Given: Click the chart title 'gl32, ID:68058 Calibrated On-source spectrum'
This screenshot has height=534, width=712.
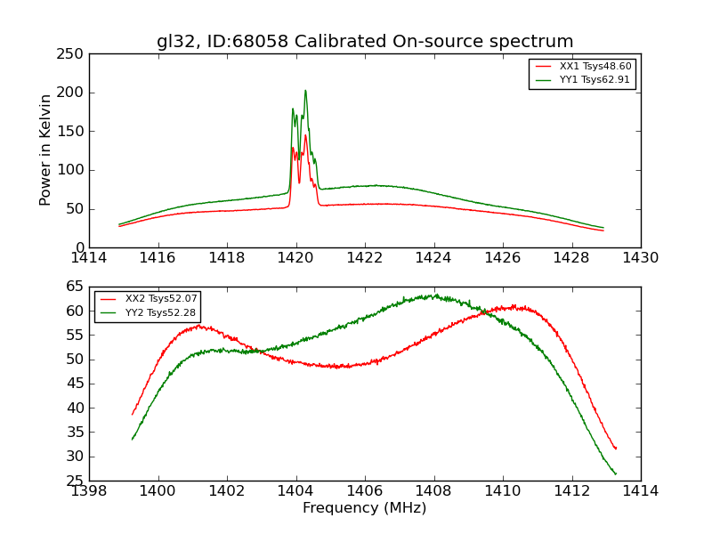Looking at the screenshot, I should [365, 42].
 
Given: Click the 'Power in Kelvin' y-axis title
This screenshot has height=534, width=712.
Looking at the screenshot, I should [46, 150].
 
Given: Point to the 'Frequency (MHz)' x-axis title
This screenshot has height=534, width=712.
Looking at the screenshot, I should [365, 508].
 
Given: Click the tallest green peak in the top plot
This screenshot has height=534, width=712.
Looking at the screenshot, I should [305, 90].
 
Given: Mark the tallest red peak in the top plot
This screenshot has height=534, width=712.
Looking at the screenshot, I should [305, 135].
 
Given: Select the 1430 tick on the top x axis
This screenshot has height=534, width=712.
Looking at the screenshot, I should [641, 258].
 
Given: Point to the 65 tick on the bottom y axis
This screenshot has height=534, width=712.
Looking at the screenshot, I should [77, 287].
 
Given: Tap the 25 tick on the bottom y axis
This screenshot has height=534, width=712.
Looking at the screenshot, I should [77, 481].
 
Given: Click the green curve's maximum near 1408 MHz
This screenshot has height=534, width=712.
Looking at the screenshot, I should [434, 295].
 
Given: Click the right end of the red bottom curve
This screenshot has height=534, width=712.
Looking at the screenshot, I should [616, 449].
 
